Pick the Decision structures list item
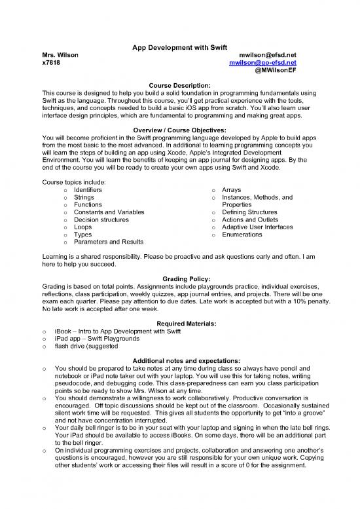pos(102,220)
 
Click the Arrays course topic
pos(232,189)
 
